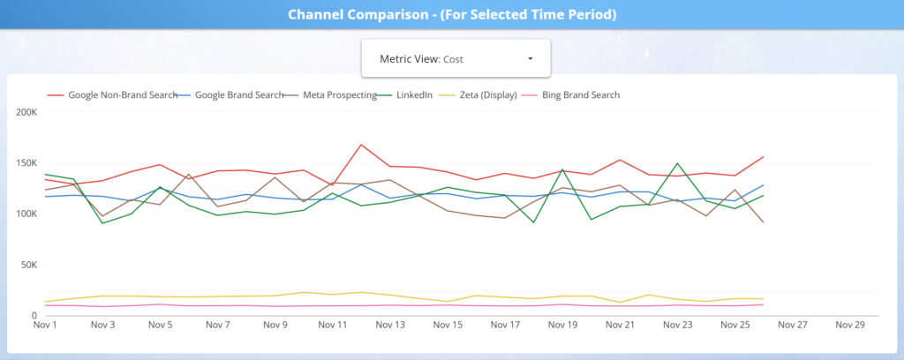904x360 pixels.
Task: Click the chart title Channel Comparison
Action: coord(451,14)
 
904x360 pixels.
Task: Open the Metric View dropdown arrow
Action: coord(530,59)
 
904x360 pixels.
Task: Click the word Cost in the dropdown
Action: coord(453,59)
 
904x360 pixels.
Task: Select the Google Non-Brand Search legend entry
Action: coord(123,94)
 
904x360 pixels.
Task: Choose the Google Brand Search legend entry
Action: coord(239,94)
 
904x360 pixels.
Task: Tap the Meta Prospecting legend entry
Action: coord(340,94)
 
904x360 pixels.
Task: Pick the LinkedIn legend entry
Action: coord(414,94)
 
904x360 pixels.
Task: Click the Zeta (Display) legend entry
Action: coord(487,94)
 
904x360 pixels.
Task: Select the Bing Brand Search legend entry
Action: coord(580,94)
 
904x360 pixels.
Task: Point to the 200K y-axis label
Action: coord(26,112)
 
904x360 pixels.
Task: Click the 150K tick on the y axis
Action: coord(26,163)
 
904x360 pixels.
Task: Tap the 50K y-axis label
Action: coord(28,265)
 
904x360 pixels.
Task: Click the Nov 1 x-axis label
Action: coord(44,325)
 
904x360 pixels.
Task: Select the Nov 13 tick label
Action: coord(390,325)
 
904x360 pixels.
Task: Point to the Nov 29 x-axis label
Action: coord(850,325)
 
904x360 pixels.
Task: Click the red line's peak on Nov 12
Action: coord(361,145)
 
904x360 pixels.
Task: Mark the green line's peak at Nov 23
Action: coord(677,163)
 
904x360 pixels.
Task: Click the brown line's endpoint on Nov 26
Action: coord(763,222)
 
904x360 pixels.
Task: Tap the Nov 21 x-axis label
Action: coord(620,325)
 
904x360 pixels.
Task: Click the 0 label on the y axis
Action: coord(34,315)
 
